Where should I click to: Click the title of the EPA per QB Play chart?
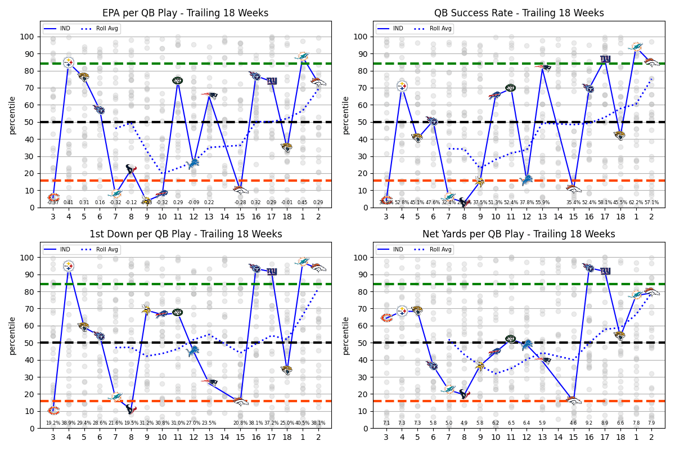tap(186, 13)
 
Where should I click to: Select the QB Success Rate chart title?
tap(519, 13)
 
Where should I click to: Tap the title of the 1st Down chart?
tap(186, 234)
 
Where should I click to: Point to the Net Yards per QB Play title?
tap(519, 234)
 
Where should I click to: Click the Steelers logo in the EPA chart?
tap(69, 62)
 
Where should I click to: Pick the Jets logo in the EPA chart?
tap(177, 80)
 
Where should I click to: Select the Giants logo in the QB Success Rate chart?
tap(605, 58)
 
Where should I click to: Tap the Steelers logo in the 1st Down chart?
tap(69, 265)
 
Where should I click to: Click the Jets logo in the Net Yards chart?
tap(511, 339)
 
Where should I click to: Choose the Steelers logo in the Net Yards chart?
tap(402, 310)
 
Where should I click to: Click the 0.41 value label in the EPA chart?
tap(69, 202)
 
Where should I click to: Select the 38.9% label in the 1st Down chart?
tap(69, 423)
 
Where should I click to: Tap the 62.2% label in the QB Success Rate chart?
tap(636, 202)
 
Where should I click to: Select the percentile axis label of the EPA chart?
tap(12, 115)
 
